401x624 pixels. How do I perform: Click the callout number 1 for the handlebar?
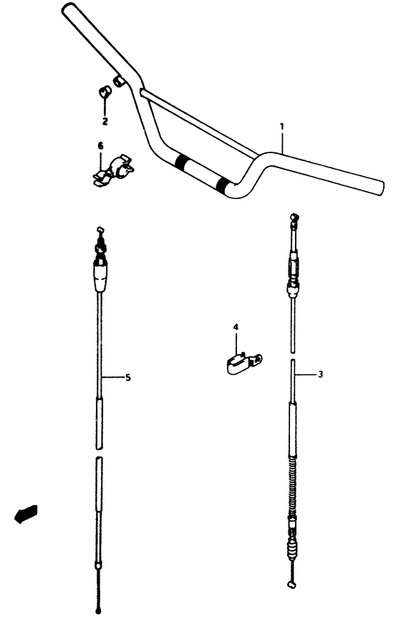281,127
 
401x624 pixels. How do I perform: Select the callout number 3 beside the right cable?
321,374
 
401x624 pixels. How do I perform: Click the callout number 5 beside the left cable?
127,377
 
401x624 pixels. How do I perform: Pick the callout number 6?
100,146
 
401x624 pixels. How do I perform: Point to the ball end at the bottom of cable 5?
98,610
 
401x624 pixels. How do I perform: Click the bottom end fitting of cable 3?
291,584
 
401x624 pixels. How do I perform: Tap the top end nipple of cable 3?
292,216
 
